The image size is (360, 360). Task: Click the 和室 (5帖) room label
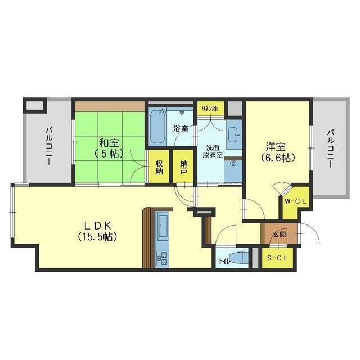pos(109,148)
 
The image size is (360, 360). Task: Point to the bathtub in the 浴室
pos(157,128)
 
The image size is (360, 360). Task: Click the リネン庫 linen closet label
pos(209,108)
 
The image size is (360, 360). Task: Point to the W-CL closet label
pos(295,201)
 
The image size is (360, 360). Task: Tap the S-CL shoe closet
pos(277,258)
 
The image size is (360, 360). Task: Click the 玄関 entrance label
pos(280,235)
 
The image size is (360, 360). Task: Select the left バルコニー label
pos(49,146)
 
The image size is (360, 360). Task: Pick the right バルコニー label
pos(331,148)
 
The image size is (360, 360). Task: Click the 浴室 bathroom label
pos(181,129)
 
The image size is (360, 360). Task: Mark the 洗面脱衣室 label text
pos(213,151)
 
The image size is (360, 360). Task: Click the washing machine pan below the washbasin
pos(233,171)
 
